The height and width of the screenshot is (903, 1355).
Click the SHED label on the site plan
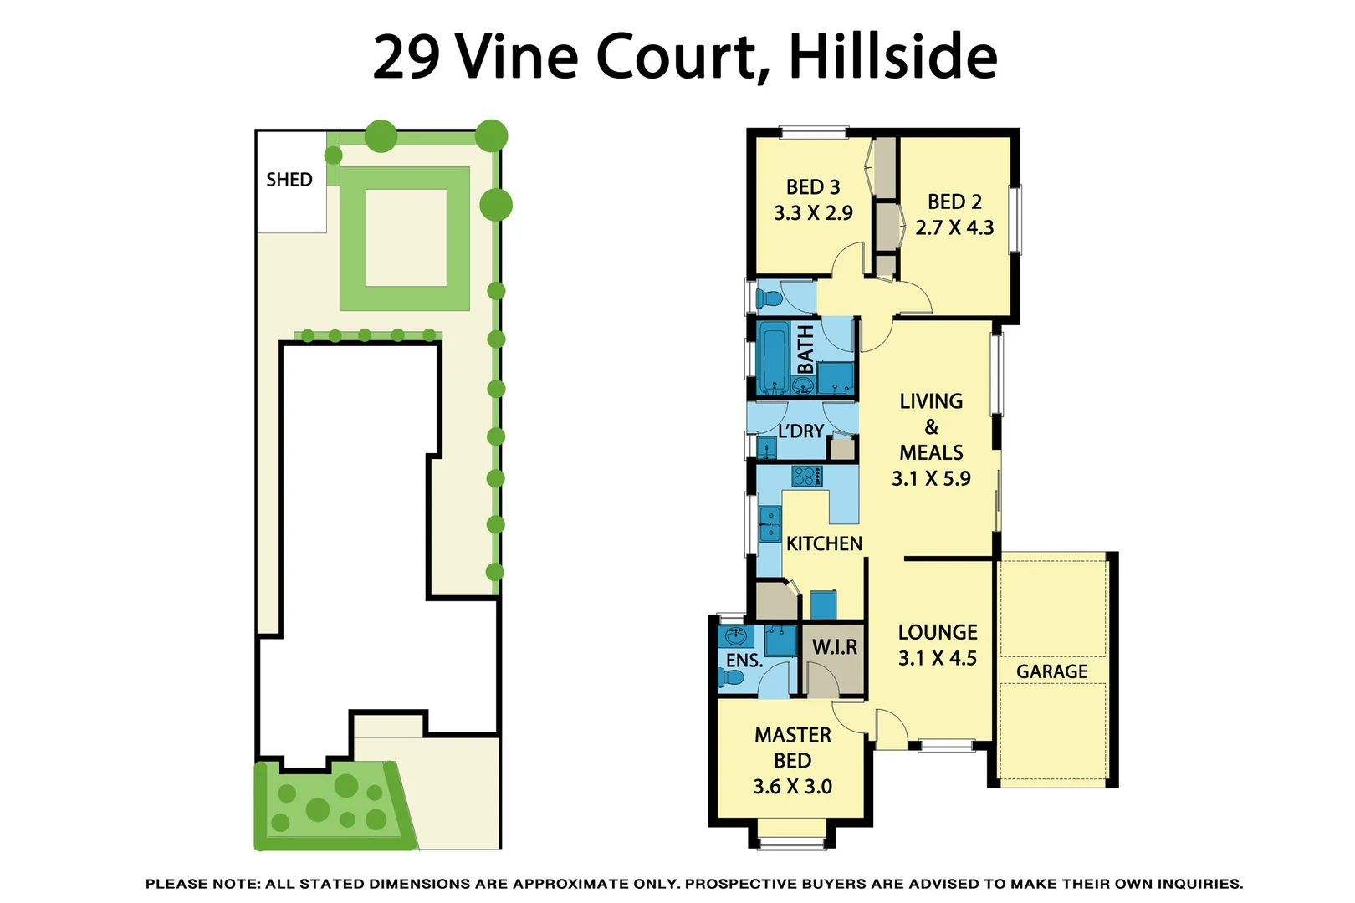pos(289,180)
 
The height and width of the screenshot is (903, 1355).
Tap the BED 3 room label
pos(812,187)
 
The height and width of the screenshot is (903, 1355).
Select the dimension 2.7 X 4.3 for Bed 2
pos(954,227)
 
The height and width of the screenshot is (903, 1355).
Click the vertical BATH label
pos(805,349)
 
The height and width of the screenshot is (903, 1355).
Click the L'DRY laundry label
pos(800,431)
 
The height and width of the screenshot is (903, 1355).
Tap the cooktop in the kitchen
pos(807,477)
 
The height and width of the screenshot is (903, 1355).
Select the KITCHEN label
pos(824,543)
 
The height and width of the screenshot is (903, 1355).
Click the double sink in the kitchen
pos(770,524)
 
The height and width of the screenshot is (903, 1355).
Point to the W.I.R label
pos(835,647)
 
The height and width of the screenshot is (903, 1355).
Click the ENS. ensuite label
pos(744,661)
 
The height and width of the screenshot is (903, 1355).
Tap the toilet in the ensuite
pos(731,677)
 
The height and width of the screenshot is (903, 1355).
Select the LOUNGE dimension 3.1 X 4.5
pos(937,658)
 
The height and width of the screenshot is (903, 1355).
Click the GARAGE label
pos(1051,671)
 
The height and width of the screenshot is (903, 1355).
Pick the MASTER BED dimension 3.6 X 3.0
pos(792,787)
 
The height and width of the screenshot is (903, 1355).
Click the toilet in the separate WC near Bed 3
pos(768,298)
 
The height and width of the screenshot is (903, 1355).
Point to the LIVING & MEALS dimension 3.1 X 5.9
pos(931,479)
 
